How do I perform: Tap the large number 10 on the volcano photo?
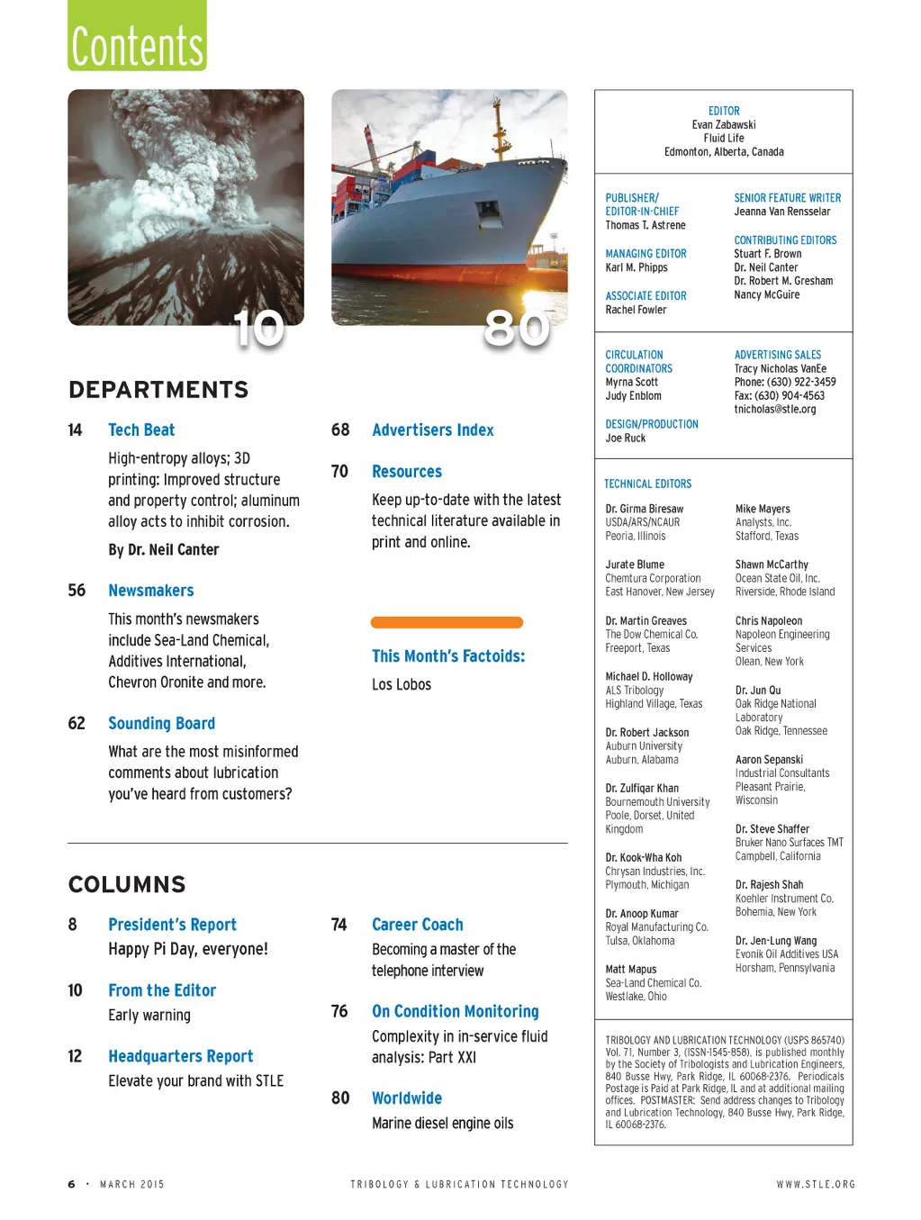click(x=258, y=329)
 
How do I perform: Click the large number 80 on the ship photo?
click(x=516, y=329)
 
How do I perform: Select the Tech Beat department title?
click(x=141, y=430)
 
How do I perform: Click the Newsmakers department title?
click(x=150, y=591)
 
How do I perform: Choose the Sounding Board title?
click(x=161, y=724)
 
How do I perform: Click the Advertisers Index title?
click(x=432, y=430)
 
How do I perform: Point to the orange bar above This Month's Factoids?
click(x=447, y=622)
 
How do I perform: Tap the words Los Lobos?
click(x=402, y=684)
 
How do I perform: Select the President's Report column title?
click(x=172, y=925)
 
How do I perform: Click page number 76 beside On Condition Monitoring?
click(x=339, y=1012)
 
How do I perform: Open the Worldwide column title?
click(x=407, y=1098)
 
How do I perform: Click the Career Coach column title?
click(x=417, y=925)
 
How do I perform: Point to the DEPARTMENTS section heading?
click(x=158, y=390)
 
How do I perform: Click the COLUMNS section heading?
click(x=127, y=884)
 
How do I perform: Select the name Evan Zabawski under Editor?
click(x=724, y=125)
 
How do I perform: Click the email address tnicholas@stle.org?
click(x=774, y=410)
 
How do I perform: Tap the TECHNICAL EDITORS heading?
click(x=647, y=484)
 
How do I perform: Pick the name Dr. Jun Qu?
click(x=758, y=691)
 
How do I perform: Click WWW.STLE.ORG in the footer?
click(x=816, y=1185)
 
